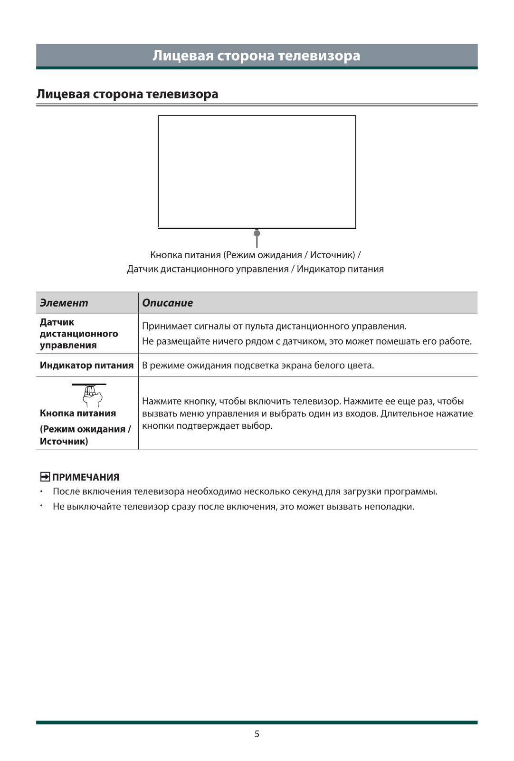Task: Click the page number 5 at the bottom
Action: click(x=257, y=734)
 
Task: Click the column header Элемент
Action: click(x=64, y=303)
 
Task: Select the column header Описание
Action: click(x=168, y=303)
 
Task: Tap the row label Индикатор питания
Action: click(x=86, y=365)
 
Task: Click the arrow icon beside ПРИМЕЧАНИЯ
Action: click(x=45, y=477)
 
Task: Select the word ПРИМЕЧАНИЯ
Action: click(x=86, y=477)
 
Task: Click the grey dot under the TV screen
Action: click(x=257, y=233)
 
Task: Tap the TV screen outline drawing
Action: click(x=257, y=172)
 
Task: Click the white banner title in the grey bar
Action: click(x=257, y=56)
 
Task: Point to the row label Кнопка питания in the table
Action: click(x=78, y=413)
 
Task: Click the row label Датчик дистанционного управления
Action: click(x=79, y=334)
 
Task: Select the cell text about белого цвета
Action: click(x=258, y=365)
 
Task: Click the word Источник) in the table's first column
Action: click(x=64, y=441)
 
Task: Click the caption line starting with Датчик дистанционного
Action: click(x=255, y=269)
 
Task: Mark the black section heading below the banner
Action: click(x=127, y=94)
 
